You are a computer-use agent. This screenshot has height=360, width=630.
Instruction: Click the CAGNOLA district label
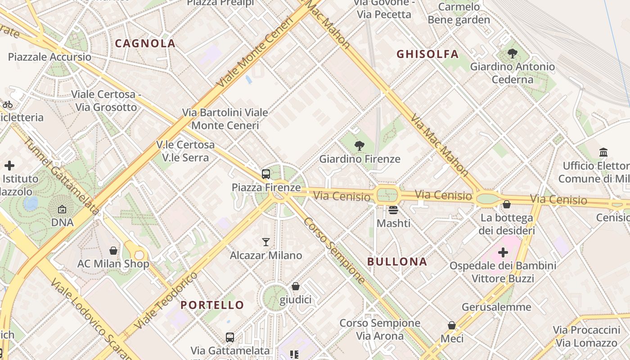point(145,44)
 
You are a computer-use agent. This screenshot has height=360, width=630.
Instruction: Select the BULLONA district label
point(397,261)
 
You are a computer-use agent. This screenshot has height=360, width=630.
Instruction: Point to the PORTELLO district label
point(212,305)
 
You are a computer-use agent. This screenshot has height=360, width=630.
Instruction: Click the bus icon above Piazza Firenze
point(266,174)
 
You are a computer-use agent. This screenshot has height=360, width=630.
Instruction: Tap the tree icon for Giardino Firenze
point(359,145)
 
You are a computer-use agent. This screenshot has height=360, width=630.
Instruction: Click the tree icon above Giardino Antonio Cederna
point(512,54)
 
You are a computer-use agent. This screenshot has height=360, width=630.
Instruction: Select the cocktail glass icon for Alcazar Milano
point(266,242)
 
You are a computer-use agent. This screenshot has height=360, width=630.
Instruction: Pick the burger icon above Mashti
point(393,210)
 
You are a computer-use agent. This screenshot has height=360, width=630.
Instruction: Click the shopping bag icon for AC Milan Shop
point(113,250)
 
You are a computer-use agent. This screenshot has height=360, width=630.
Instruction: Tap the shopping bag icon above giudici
point(296,286)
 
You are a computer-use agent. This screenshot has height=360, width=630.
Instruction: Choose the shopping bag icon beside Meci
point(452,325)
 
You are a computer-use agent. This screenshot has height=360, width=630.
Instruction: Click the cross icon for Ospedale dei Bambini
point(503,252)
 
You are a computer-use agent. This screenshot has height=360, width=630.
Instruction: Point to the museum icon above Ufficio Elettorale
point(603,153)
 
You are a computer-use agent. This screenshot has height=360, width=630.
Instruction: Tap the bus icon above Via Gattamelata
point(230,337)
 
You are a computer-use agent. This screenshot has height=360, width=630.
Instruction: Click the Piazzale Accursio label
point(49,57)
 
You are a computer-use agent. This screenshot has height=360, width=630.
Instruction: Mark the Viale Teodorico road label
point(166,300)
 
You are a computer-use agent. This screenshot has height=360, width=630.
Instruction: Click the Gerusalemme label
point(496,307)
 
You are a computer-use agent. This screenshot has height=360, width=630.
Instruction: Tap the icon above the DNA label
point(62,209)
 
